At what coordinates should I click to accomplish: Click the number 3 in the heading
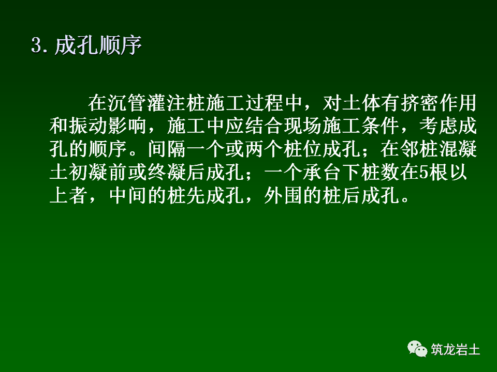pyautogui.click(x=36, y=47)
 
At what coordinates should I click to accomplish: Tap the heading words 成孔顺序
pyautogui.click(x=98, y=47)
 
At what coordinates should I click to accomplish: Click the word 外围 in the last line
pyautogui.click(x=280, y=196)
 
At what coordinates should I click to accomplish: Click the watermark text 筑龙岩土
pyautogui.click(x=456, y=350)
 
